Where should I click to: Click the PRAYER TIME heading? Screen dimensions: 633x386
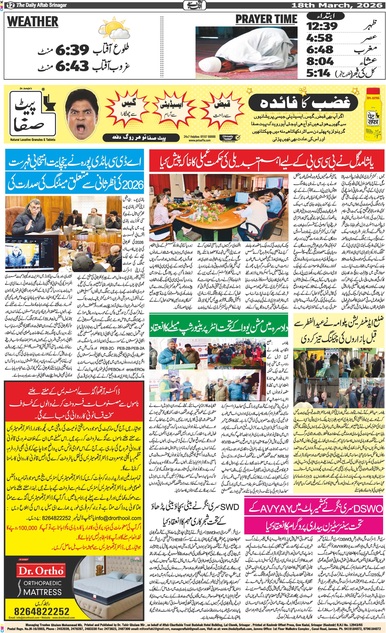click(266, 19)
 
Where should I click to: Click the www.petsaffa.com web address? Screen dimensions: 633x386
click(199, 140)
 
